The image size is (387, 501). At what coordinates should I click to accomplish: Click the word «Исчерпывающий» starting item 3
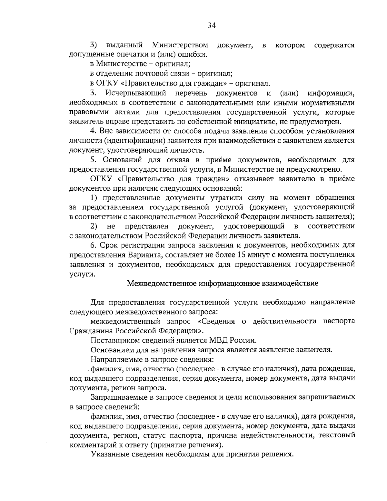[x=136, y=94]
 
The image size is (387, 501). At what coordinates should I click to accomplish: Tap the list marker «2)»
[x=94, y=226]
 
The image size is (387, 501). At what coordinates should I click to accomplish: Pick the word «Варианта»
[x=145, y=254]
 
